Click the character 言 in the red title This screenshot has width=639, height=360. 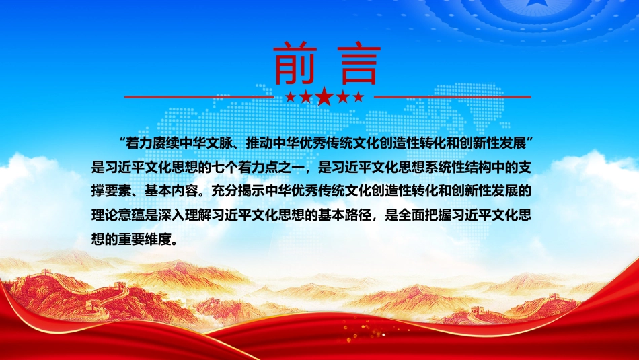[359, 63]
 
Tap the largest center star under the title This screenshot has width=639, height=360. [324, 97]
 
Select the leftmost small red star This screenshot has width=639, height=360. [291, 97]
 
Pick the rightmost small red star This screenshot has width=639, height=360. [359, 97]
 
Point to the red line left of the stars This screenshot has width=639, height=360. [199, 97]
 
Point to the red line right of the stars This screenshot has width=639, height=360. [453, 97]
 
